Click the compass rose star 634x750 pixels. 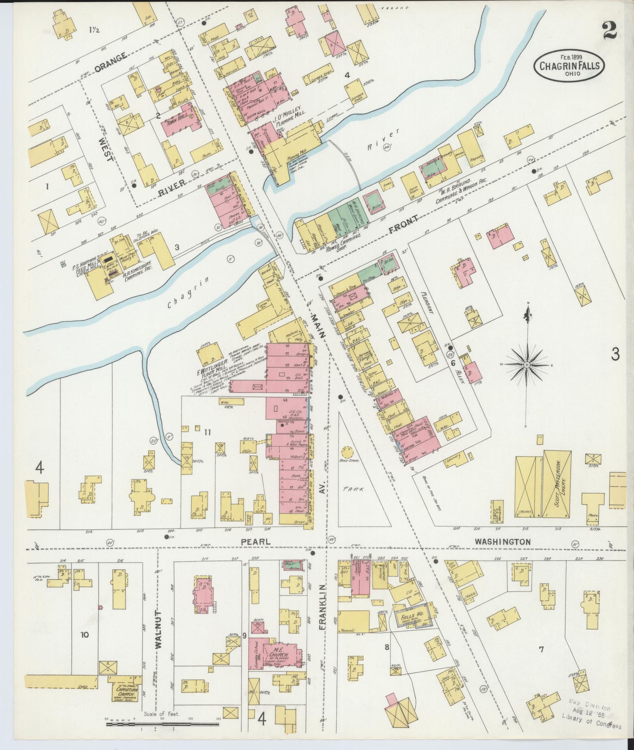coord(527,364)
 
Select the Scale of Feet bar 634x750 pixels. coord(163,725)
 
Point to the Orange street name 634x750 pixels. coord(110,62)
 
